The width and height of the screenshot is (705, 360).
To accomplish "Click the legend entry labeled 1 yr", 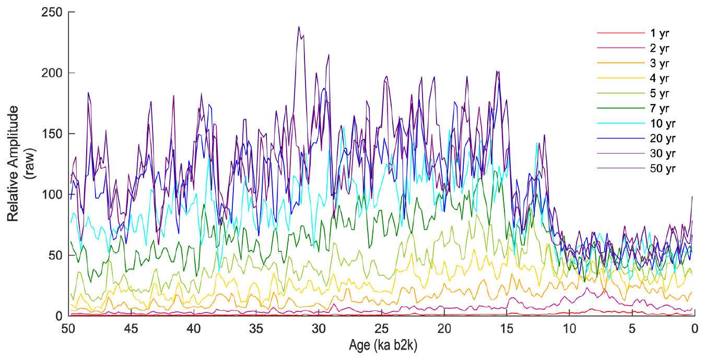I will coord(660,33).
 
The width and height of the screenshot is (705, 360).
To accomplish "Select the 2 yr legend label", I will coord(660,48).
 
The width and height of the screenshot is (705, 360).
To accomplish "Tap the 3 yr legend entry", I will coord(660,63).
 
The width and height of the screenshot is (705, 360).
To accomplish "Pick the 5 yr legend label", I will coord(660,94).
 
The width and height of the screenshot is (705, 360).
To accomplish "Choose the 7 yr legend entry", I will coord(660,109).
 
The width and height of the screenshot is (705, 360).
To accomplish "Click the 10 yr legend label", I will coord(662,124).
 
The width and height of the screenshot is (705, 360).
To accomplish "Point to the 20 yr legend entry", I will coord(662,138).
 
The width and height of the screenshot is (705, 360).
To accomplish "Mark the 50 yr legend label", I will coord(662,169).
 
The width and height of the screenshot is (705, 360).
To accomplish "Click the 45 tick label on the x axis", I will coord(131,329).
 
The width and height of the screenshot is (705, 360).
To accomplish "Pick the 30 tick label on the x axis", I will coord(319,329).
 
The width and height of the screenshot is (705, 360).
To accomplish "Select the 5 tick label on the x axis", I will coord(632,329).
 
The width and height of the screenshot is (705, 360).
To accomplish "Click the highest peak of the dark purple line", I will coord(299,27).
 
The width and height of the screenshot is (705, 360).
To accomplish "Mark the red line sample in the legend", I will coord(621,33).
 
